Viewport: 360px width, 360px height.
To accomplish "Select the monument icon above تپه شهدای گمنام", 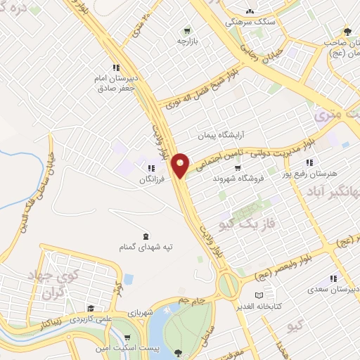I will (145, 236).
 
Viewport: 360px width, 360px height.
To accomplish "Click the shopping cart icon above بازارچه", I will (186, 31).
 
